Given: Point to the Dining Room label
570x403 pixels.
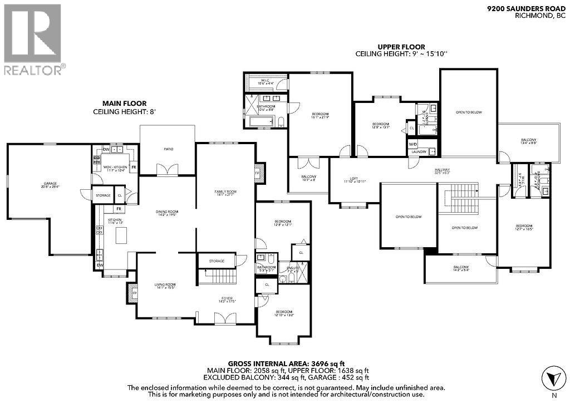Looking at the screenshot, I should pyautogui.click(x=167, y=213).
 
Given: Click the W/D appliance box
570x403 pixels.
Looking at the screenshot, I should pyautogui.click(x=412, y=143).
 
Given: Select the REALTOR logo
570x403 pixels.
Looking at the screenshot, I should pyautogui.click(x=33, y=39).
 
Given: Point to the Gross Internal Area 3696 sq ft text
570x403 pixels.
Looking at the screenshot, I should pyautogui.click(x=288, y=363).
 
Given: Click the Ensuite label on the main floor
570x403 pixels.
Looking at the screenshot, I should pyautogui.click(x=293, y=268).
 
